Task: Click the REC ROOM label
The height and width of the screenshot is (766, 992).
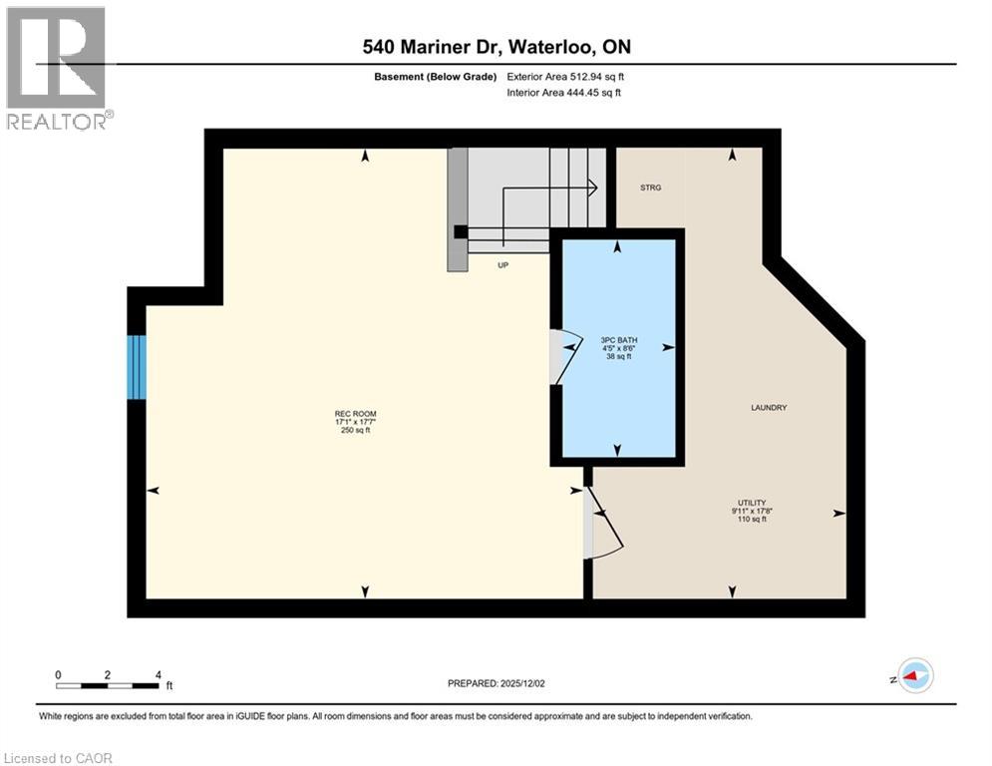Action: pos(355,414)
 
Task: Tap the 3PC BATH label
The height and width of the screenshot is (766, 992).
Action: pos(618,339)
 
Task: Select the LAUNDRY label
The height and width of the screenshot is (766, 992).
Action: pos(769,407)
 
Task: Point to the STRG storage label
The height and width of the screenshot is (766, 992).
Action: pos(650,188)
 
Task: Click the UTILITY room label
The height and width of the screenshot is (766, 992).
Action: pos(751,503)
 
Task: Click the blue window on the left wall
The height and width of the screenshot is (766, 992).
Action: pos(137,367)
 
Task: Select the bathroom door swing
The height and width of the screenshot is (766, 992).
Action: pos(564,355)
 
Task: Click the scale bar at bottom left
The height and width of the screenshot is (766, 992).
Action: pos(108,684)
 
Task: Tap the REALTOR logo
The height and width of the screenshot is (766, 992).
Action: pos(56,67)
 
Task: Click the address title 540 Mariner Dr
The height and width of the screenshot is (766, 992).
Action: pos(496,47)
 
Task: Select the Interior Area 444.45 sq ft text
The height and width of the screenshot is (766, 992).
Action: pos(563,93)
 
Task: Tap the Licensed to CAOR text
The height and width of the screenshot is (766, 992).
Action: pos(59,758)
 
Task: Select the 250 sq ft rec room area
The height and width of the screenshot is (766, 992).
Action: pos(355,431)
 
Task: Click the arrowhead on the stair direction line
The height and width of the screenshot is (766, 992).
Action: pos(591,186)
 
